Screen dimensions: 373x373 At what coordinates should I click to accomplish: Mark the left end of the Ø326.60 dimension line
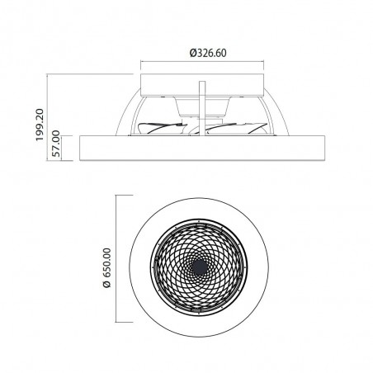pos(143,62)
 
